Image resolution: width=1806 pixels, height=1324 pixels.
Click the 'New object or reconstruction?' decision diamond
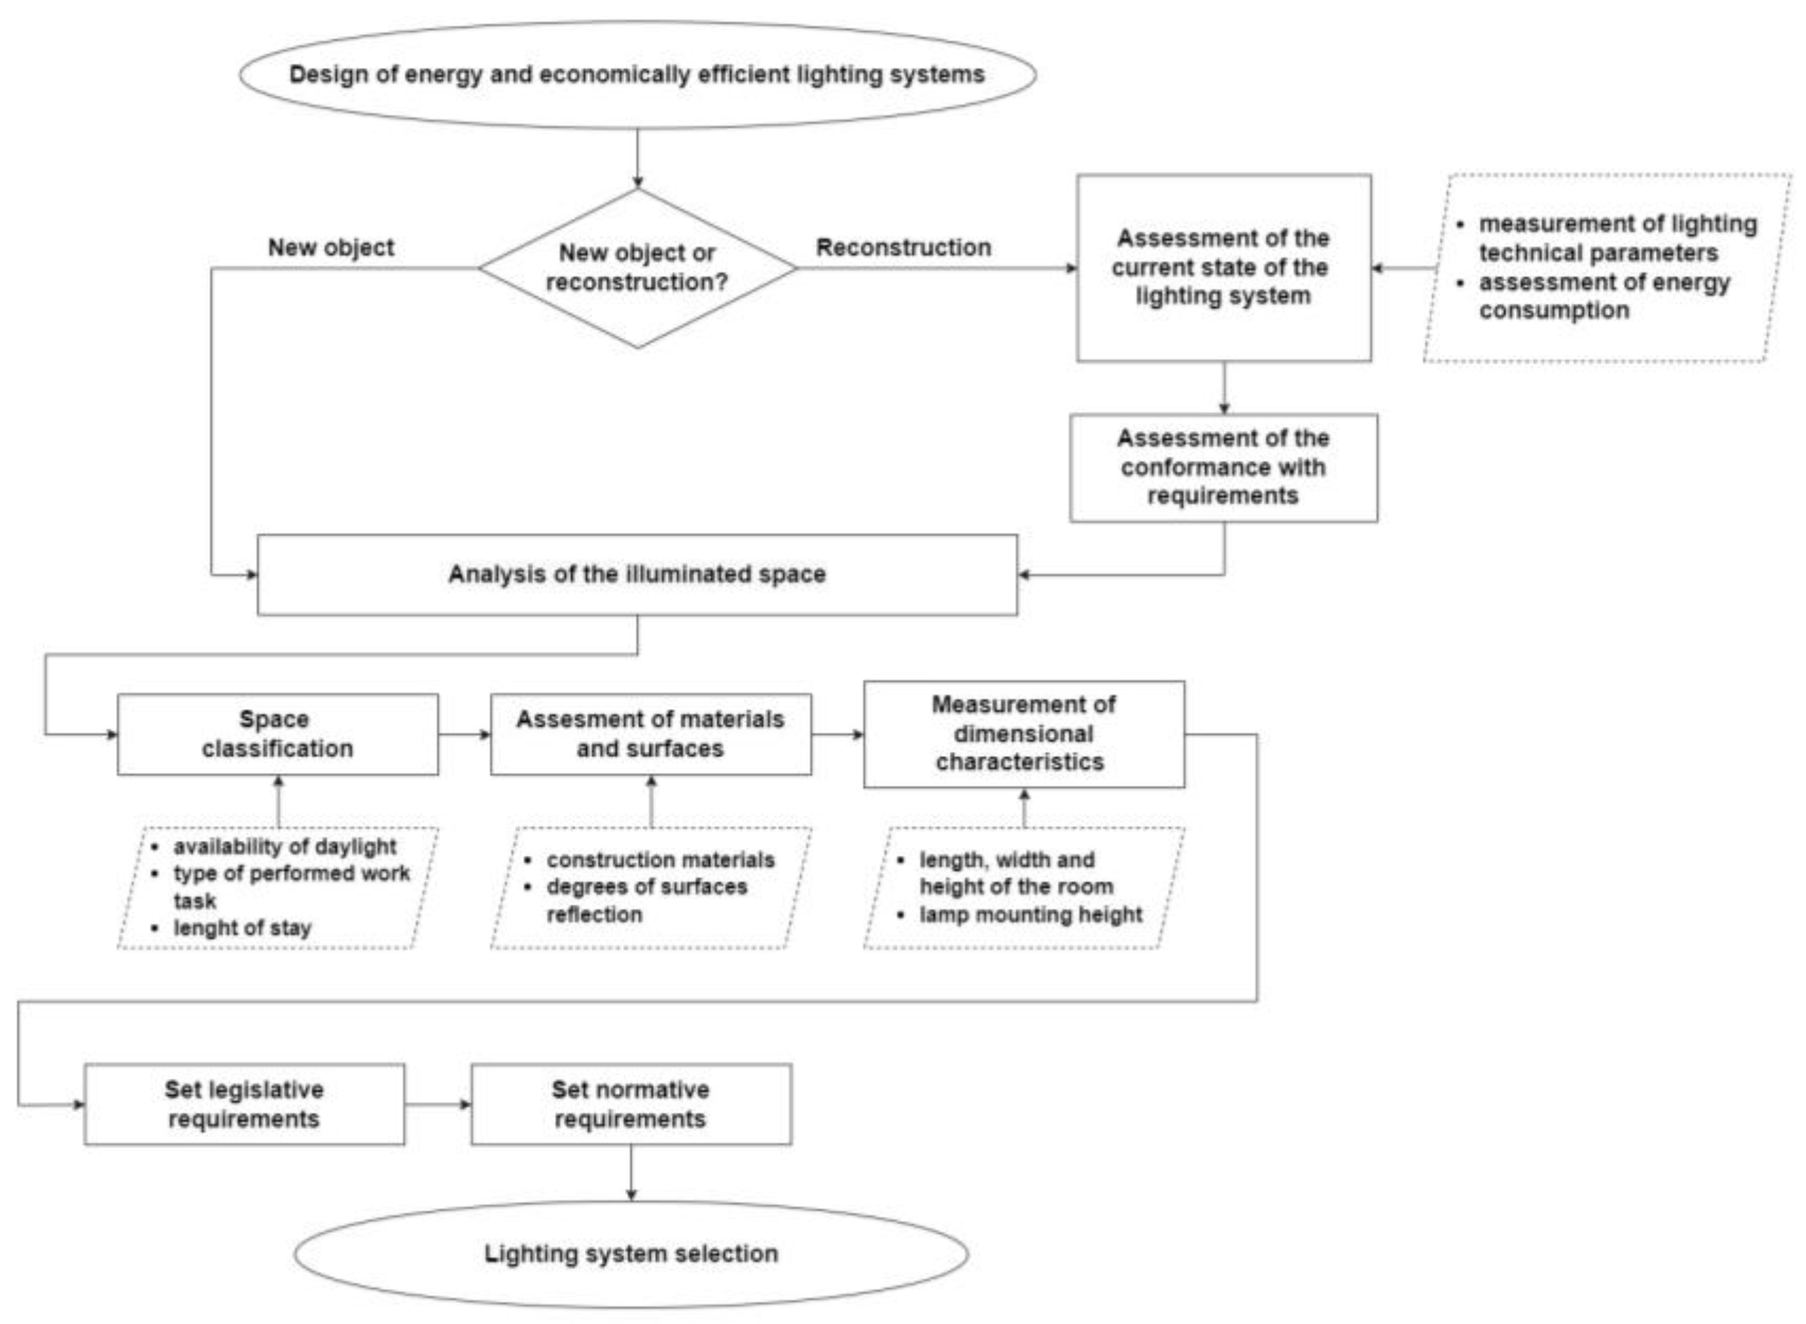637,268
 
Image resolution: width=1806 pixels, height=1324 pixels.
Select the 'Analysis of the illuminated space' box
637,574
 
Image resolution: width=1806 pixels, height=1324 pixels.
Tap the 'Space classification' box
278,734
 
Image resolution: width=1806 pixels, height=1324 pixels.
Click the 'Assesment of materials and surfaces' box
650,734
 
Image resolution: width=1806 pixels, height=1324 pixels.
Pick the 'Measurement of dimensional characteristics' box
1023,734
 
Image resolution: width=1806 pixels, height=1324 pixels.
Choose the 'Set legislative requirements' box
244,1104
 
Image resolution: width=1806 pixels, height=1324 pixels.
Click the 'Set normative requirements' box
631,1104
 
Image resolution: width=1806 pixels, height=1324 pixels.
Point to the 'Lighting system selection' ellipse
631,1253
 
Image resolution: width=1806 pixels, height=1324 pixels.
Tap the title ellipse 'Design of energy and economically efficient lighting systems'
637,74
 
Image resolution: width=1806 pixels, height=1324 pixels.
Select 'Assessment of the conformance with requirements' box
1223,467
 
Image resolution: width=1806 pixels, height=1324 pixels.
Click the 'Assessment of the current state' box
1223,268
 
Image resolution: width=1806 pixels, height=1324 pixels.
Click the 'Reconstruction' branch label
903,248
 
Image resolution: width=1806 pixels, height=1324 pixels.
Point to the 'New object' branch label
331,248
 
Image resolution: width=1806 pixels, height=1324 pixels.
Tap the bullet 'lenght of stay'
242,928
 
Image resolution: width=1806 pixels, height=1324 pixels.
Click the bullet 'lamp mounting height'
1030,914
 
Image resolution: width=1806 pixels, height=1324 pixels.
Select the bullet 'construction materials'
660,860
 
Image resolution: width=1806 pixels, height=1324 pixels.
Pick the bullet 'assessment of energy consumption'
1603,297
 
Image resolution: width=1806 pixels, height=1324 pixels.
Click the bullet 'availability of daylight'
285,846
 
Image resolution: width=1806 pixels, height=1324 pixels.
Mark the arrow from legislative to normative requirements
437,1104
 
